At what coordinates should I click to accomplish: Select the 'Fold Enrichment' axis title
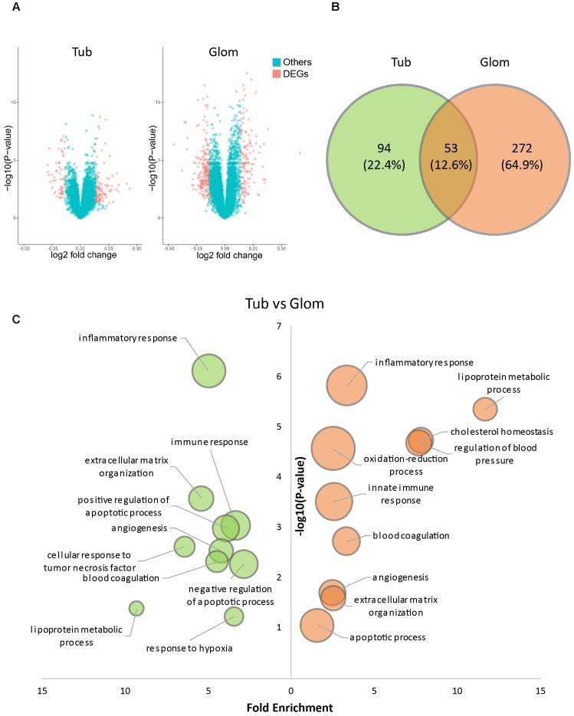coord(290,708)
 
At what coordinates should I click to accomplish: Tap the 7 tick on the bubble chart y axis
coord(279,327)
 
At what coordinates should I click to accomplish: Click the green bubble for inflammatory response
coord(208,372)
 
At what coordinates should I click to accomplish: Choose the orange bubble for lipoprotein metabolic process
coord(484,410)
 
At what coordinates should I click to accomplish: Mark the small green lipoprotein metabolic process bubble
coord(136,608)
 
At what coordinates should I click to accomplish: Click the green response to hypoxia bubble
coord(234,616)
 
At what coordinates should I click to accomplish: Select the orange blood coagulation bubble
coord(346,541)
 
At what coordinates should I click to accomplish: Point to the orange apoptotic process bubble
coord(317,626)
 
